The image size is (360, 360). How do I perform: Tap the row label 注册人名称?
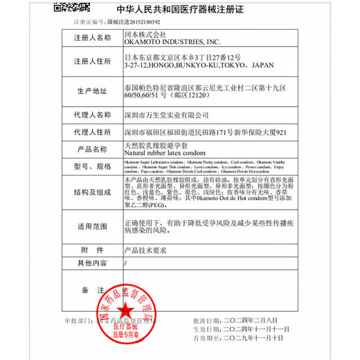(x=93, y=37)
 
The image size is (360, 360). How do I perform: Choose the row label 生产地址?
(x=93, y=91)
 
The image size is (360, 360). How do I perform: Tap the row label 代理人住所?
(x=93, y=132)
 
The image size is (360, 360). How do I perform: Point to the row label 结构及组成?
(x=93, y=196)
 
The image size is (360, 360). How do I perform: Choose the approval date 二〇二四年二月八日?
(x=246, y=321)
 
